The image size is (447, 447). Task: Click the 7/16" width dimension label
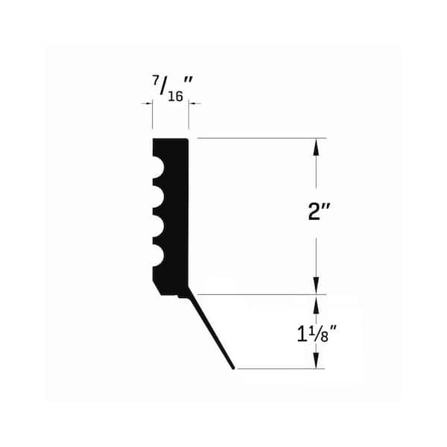pyautogui.click(x=172, y=89)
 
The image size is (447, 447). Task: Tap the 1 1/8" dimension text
pyautogui.click(x=317, y=334)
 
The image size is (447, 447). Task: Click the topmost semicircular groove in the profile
pyautogui.click(x=159, y=167)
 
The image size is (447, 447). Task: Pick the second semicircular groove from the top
pyautogui.click(x=159, y=197)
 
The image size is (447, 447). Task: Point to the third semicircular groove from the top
pyautogui.click(x=159, y=226)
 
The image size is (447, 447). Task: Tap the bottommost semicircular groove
pyautogui.click(x=159, y=256)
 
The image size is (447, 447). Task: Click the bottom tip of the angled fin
pyautogui.click(x=233, y=368)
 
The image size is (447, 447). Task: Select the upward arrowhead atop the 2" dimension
pyautogui.click(x=316, y=147)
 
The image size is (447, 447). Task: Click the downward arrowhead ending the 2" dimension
pyautogui.click(x=316, y=285)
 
